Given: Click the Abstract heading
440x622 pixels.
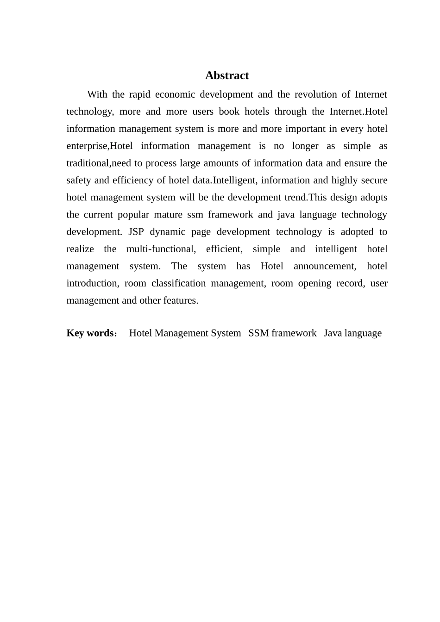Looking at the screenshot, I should (227, 75).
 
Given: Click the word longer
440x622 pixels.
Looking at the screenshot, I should (305, 146).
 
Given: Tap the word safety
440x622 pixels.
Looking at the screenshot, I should (79, 180).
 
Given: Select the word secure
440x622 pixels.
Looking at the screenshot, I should (373, 180).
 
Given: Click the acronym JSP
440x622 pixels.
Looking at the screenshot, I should (136, 232).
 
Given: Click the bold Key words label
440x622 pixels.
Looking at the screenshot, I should (90, 333).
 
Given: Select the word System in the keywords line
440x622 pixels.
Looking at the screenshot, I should (226, 333).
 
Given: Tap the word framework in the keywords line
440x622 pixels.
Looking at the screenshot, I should (294, 333).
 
